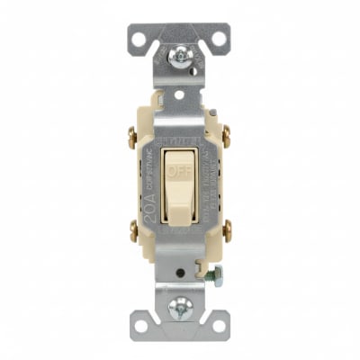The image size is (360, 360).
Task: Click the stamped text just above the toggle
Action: coord(179,134)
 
